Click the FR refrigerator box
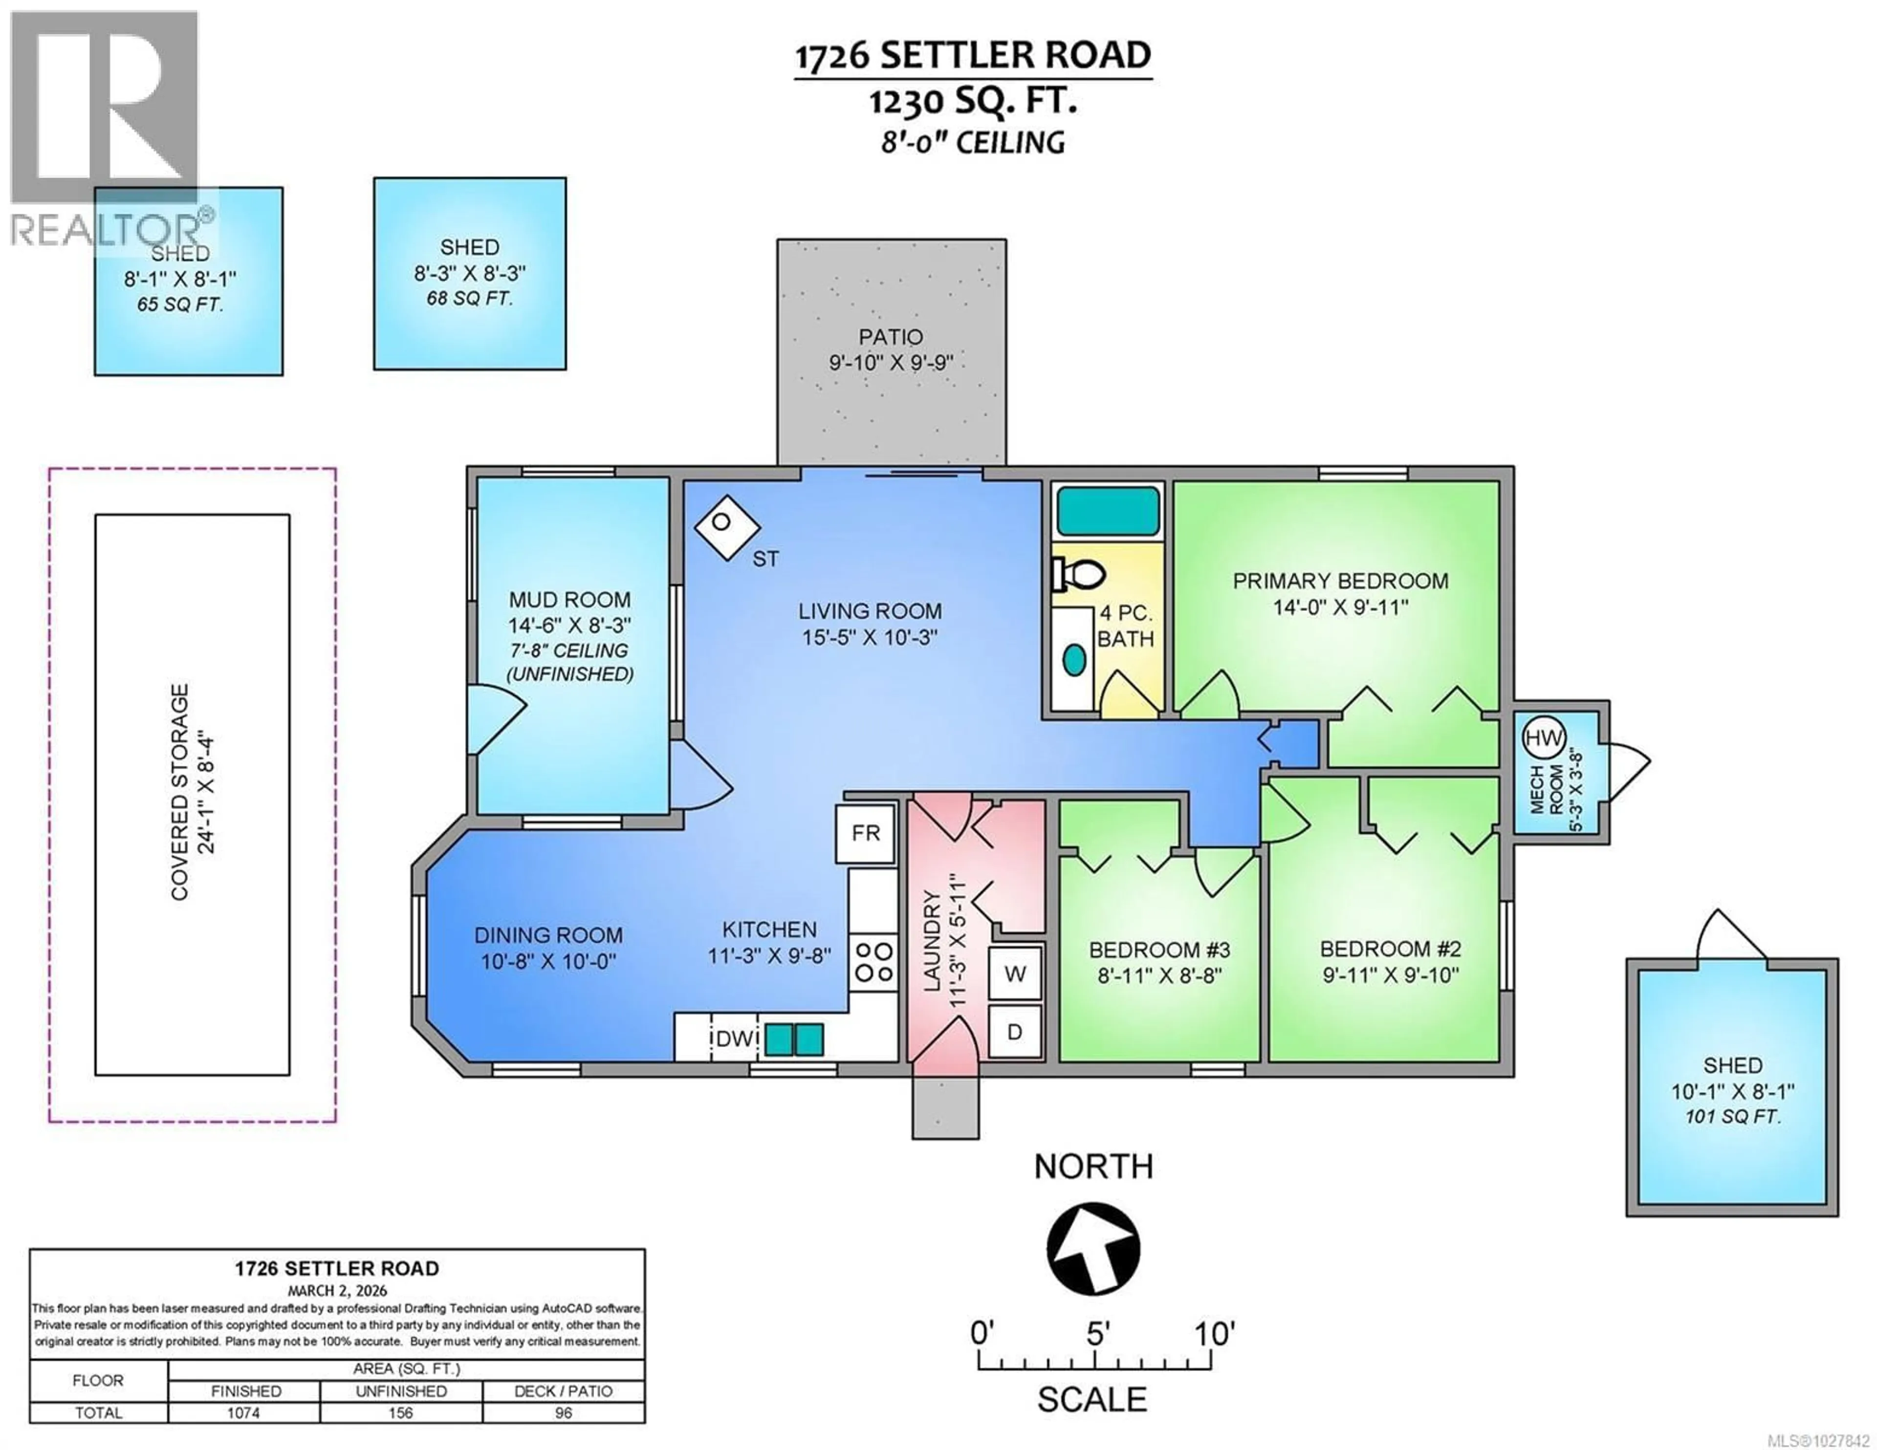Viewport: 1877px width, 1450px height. (866, 833)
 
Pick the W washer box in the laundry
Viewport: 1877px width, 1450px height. (1015, 974)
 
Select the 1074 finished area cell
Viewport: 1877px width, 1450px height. (243, 1412)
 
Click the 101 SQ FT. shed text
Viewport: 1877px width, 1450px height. (1733, 1117)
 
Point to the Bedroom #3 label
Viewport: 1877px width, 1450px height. (1159, 950)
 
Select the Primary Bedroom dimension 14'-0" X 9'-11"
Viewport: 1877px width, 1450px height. (1340, 607)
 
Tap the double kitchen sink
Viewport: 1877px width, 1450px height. (794, 1039)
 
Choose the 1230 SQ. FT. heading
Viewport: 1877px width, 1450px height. (972, 102)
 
